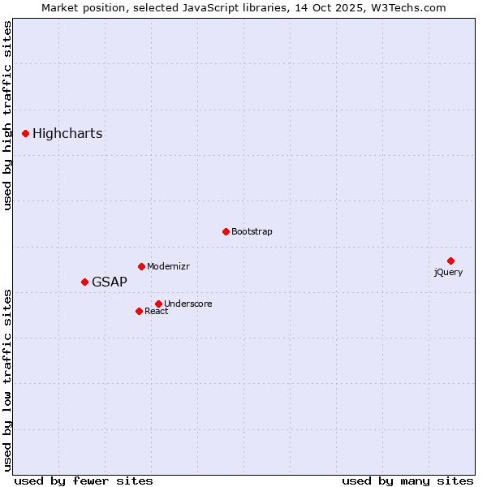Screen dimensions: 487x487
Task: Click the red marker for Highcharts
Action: point(26,133)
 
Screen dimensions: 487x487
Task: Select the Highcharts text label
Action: point(67,134)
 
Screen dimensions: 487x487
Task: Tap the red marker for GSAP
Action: point(84,282)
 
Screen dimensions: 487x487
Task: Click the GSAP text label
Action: point(110,282)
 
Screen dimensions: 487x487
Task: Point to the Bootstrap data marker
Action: point(226,231)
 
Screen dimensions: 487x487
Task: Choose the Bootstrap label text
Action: point(252,232)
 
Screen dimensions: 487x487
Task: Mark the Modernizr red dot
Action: point(141,266)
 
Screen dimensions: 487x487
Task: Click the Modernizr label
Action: point(168,267)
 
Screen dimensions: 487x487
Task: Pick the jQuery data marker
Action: point(450,261)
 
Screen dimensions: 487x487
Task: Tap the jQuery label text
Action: point(448,273)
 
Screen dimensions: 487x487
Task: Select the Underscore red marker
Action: point(158,304)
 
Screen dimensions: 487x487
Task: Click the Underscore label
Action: point(188,304)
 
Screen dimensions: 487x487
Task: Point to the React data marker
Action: point(139,311)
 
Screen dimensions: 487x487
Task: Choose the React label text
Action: point(157,312)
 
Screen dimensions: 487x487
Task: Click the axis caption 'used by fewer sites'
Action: point(84,481)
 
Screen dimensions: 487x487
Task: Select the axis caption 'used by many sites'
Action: point(407,481)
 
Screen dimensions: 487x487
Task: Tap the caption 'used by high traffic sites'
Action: point(7,115)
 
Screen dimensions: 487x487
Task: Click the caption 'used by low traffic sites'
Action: point(7,379)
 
